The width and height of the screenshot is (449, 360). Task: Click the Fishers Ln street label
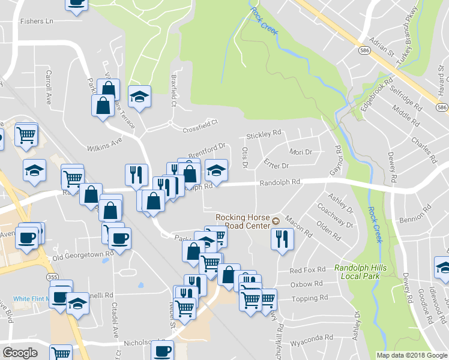click(x=37, y=21)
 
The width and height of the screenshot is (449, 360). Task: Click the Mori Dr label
click(x=301, y=152)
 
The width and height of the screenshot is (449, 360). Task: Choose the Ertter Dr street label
click(x=276, y=164)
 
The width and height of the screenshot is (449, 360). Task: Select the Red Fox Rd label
click(x=307, y=271)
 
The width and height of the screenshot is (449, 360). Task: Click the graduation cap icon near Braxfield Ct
click(x=139, y=96)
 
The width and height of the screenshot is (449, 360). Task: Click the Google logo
click(x=20, y=353)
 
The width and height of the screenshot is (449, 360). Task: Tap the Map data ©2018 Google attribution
click(x=412, y=355)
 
